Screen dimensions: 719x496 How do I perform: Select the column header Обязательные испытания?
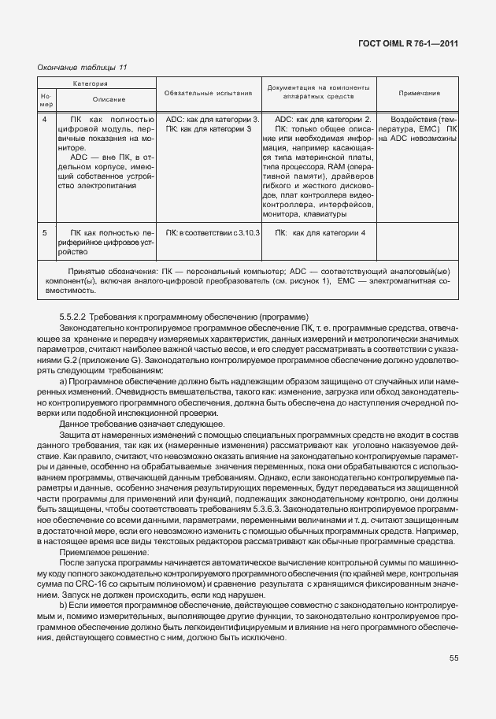(208, 93)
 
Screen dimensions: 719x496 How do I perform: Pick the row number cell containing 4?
(44, 120)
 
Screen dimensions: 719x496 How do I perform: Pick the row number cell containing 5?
(44, 233)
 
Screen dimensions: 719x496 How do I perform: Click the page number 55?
(453, 658)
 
